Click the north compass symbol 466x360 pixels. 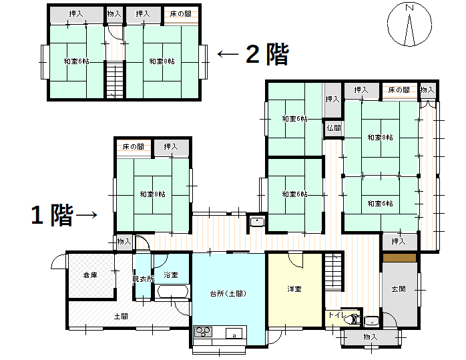tap(409, 25)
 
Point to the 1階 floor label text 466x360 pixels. tap(51, 215)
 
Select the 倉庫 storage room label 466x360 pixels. tap(90, 275)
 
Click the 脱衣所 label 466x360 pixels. tap(143, 279)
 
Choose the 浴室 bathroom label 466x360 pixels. tap(171, 275)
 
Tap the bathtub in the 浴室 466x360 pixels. tap(172, 292)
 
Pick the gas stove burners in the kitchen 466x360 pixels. tap(203, 332)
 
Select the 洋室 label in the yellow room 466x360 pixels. tap(294, 289)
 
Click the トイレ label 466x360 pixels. tap(335, 315)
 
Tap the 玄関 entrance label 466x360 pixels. tap(399, 289)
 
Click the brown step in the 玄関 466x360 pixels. tap(400, 257)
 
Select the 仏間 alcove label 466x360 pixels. tap(333, 128)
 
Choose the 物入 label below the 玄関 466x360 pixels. tap(371, 337)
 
